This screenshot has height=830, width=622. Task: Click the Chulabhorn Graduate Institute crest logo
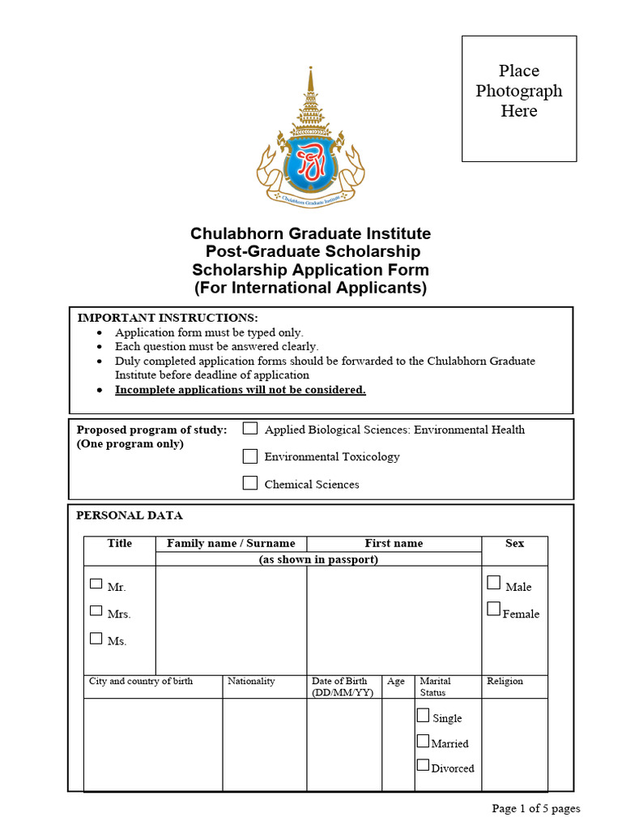click(310, 141)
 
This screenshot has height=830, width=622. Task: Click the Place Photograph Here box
click(519, 98)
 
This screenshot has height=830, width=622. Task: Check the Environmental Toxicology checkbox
click(250, 456)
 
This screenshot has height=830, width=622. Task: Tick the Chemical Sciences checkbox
click(250, 484)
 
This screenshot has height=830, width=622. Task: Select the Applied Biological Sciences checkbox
click(250, 429)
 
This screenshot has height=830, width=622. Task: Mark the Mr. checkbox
click(96, 584)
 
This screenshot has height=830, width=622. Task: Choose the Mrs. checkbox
click(96, 611)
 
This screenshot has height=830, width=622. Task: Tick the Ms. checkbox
click(96, 639)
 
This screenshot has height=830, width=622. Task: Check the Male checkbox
click(494, 583)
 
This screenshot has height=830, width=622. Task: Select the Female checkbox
click(494, 610)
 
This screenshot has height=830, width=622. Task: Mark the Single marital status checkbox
click(423, 716)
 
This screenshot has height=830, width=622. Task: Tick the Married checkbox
click(423, 741)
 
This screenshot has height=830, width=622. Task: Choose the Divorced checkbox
click(423, 765)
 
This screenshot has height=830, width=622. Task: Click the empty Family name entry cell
click(231, 620)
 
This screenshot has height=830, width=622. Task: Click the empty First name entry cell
click(394, 620)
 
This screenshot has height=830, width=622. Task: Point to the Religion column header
click(505, 682)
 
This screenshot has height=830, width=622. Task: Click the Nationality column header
click(251, 682)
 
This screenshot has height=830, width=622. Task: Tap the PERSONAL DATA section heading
click(130, 516)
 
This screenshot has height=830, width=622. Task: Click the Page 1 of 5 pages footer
click(536, 808)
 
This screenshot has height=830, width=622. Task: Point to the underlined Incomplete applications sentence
click(241, 390)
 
